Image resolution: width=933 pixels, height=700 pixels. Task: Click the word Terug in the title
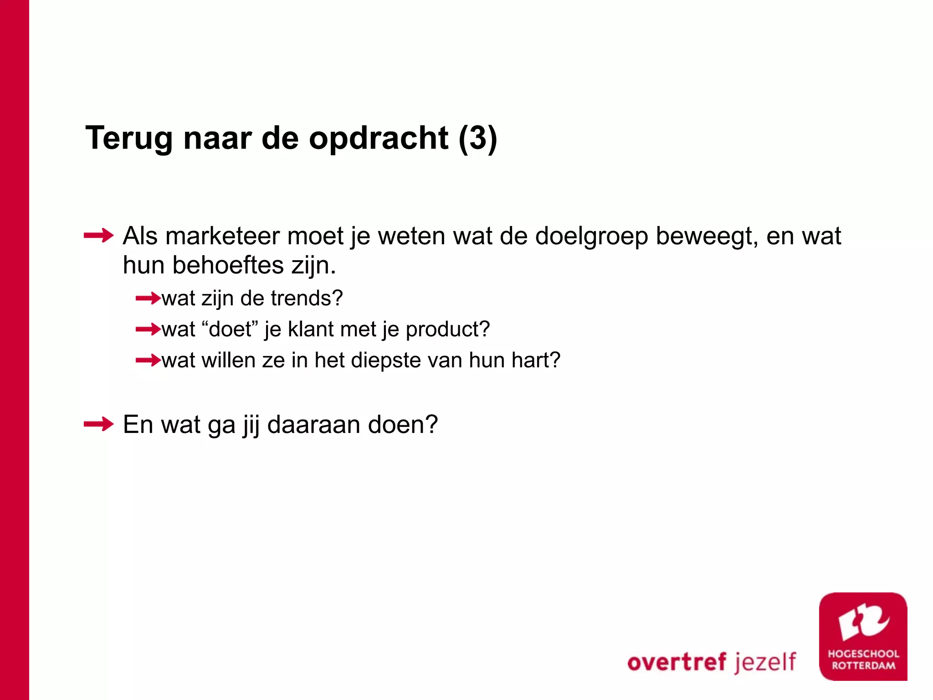pyautogui.click(x=129, y=138)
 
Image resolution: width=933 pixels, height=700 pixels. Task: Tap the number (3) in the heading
pyautogui.click(x=477, y=138)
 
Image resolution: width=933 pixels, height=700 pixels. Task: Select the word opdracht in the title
pyautogui.click(x=378, y=138)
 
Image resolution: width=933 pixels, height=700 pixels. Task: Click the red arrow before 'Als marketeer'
pyautogui.click(x=98, y=236)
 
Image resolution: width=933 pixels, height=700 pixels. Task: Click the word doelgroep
pyautogui.click(x=591, y=237)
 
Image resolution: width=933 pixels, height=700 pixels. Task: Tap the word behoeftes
pyautogui.click(x=228, y=265)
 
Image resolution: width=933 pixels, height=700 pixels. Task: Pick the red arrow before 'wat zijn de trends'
pyautogui.click(x=148, y=299)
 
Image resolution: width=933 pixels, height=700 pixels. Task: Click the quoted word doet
pyautogui.click(x=230, y=329)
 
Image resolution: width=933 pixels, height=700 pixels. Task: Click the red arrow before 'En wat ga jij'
pyautogui.click(x=98, y=424)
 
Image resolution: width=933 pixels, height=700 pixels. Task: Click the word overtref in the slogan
pyautogui.click(x=677, y=662)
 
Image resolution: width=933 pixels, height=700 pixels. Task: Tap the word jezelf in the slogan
pyautogui.click(x=765, y=662)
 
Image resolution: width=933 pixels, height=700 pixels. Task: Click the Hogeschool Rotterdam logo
pyautogui.click(x=863, y=637)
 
